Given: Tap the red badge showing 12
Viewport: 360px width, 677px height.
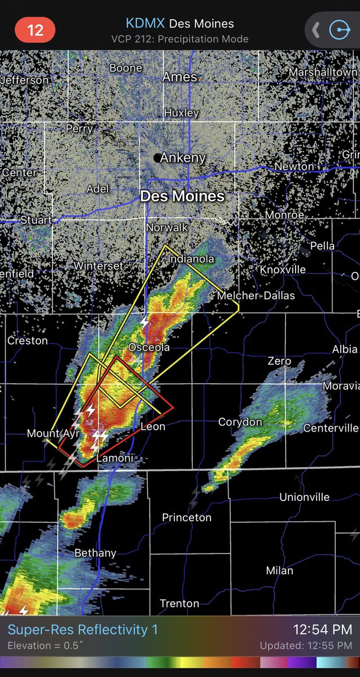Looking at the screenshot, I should tap(35, 29).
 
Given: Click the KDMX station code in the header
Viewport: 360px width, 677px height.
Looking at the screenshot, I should tap(145, 24).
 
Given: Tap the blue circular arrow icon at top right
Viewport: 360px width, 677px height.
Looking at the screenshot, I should tap(339, 30).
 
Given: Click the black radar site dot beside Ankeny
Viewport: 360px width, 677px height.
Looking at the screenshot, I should tap(157, 158).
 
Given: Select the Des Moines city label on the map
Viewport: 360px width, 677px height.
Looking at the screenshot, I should tap(182, 196).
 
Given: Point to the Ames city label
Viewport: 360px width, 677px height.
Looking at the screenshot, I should tap(179, 77).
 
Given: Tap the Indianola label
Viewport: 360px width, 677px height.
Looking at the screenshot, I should tap(191, 259).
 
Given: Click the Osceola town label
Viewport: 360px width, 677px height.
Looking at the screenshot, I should tap(149, 348).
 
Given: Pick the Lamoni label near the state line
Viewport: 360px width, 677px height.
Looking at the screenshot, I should tap(115, 458).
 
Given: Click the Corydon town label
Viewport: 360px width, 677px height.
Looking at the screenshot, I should tap(240, 422).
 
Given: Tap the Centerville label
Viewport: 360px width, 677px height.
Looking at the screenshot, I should tap(331, 428).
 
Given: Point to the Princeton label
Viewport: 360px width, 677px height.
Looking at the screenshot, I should tap(187, 517).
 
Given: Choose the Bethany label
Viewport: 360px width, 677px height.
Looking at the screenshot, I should tap(95, 553).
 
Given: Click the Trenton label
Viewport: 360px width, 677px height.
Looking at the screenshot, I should tap(179, 604).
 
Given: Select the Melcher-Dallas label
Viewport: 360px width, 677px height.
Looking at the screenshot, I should tap(256, 296).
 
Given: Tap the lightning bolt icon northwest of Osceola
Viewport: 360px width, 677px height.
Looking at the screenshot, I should tap(144, 322).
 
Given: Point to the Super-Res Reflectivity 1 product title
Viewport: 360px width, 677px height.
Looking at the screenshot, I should tap(83, 630).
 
